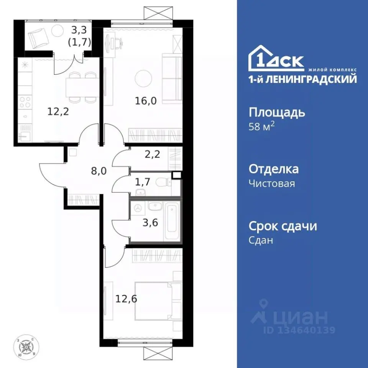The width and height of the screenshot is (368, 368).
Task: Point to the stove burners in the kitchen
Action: click(25, 102)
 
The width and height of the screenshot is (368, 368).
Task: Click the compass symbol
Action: click(27, 347)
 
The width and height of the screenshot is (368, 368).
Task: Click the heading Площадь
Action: click(277, 113)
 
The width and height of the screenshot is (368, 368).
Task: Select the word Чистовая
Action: click(272, 183)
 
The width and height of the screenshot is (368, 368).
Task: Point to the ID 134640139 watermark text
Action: click(299, 330)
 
